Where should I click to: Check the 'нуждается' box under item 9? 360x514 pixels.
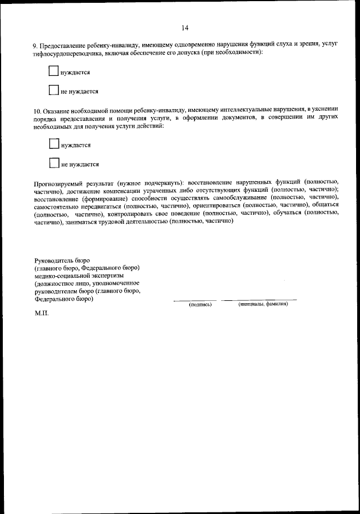(53, 71)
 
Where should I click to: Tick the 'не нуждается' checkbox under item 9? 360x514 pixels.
(53, 90)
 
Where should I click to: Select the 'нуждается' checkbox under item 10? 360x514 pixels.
(53, 144)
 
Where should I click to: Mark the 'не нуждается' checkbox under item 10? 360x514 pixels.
(53, 163)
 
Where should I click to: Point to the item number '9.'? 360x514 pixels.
(37, 44)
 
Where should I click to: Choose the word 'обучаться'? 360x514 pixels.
(291, 214)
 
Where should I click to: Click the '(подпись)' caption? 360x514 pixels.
(200, 304)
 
